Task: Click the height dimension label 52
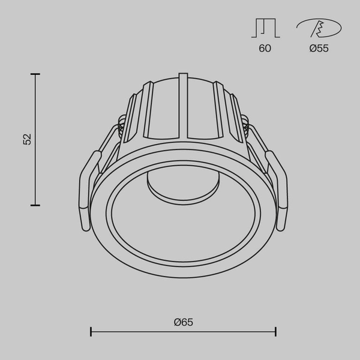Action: [27, 139]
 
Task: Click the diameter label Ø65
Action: [184, 322]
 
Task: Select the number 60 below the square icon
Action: [265, 49]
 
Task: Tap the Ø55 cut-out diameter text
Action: [319, 49]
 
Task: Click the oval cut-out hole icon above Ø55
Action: [319, 28]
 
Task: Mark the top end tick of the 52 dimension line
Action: [35, 74]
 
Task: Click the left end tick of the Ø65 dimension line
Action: [91, 331]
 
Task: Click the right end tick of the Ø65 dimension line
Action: [276, 331]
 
